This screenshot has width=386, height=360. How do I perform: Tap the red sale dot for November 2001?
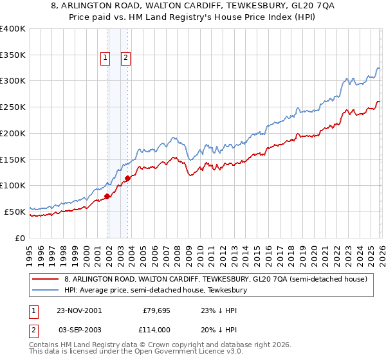point(107,196)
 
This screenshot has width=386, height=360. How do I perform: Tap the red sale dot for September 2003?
point(127,178)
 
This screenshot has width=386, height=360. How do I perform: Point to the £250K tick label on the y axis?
point(13,107)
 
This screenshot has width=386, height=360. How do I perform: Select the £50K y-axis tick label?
point(15,212)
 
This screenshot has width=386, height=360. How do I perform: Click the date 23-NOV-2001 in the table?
point(78,310)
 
